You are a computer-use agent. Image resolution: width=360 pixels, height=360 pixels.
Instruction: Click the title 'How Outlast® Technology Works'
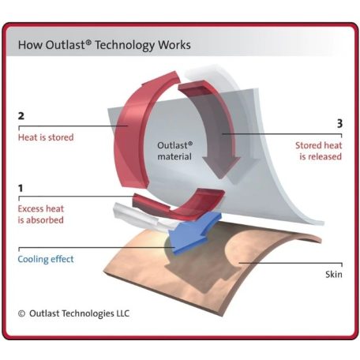coord(104,45)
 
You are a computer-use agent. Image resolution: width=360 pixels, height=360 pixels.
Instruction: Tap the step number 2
coord(21,116)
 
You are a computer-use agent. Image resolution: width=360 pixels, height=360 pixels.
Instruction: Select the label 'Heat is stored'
coord(46,137)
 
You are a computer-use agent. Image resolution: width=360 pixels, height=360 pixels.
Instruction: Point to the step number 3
coord(339,123)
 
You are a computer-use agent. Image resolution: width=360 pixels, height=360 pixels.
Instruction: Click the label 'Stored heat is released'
coord(318,151)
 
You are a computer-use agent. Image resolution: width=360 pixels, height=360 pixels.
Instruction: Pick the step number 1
coord(21,188)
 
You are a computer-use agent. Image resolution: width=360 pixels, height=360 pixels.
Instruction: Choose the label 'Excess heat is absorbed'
coord(41,214)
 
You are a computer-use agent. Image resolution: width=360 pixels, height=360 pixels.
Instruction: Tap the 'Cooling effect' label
coord(46,259)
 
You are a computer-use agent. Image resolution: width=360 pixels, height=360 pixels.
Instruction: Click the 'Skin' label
coord(334,275)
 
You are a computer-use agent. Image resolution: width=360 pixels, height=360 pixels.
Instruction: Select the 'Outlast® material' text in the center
coord(175,151)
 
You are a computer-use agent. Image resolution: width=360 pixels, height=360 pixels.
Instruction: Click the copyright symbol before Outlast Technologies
coord(21,313)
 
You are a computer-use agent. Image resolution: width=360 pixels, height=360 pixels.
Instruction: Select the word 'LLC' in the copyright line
coord(123,313)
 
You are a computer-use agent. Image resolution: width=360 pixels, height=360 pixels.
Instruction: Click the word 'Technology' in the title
coord(125,45)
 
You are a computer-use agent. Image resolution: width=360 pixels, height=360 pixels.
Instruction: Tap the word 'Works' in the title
coord(174,45)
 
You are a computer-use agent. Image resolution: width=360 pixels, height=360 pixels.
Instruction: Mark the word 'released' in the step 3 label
coord(324,156)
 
